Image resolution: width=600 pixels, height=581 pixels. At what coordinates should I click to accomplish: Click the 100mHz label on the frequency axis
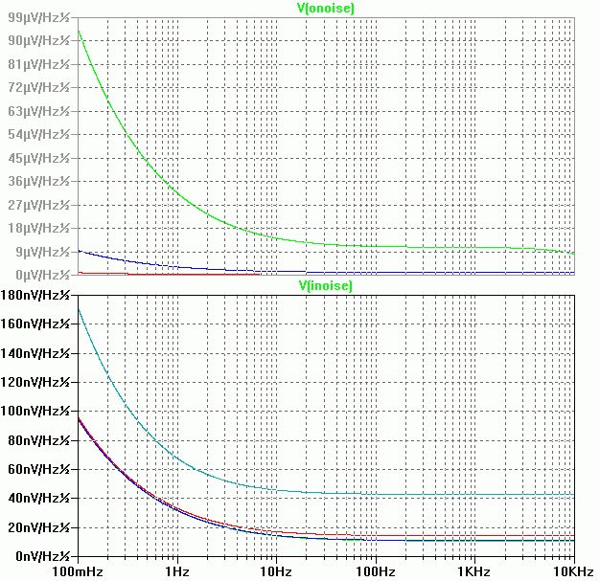click(x=77, y=570)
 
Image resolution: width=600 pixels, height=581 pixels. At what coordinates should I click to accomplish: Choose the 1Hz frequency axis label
click(x=176, y=570)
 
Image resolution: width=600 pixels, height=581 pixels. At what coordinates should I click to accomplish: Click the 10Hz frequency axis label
click(x=276, y=570)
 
